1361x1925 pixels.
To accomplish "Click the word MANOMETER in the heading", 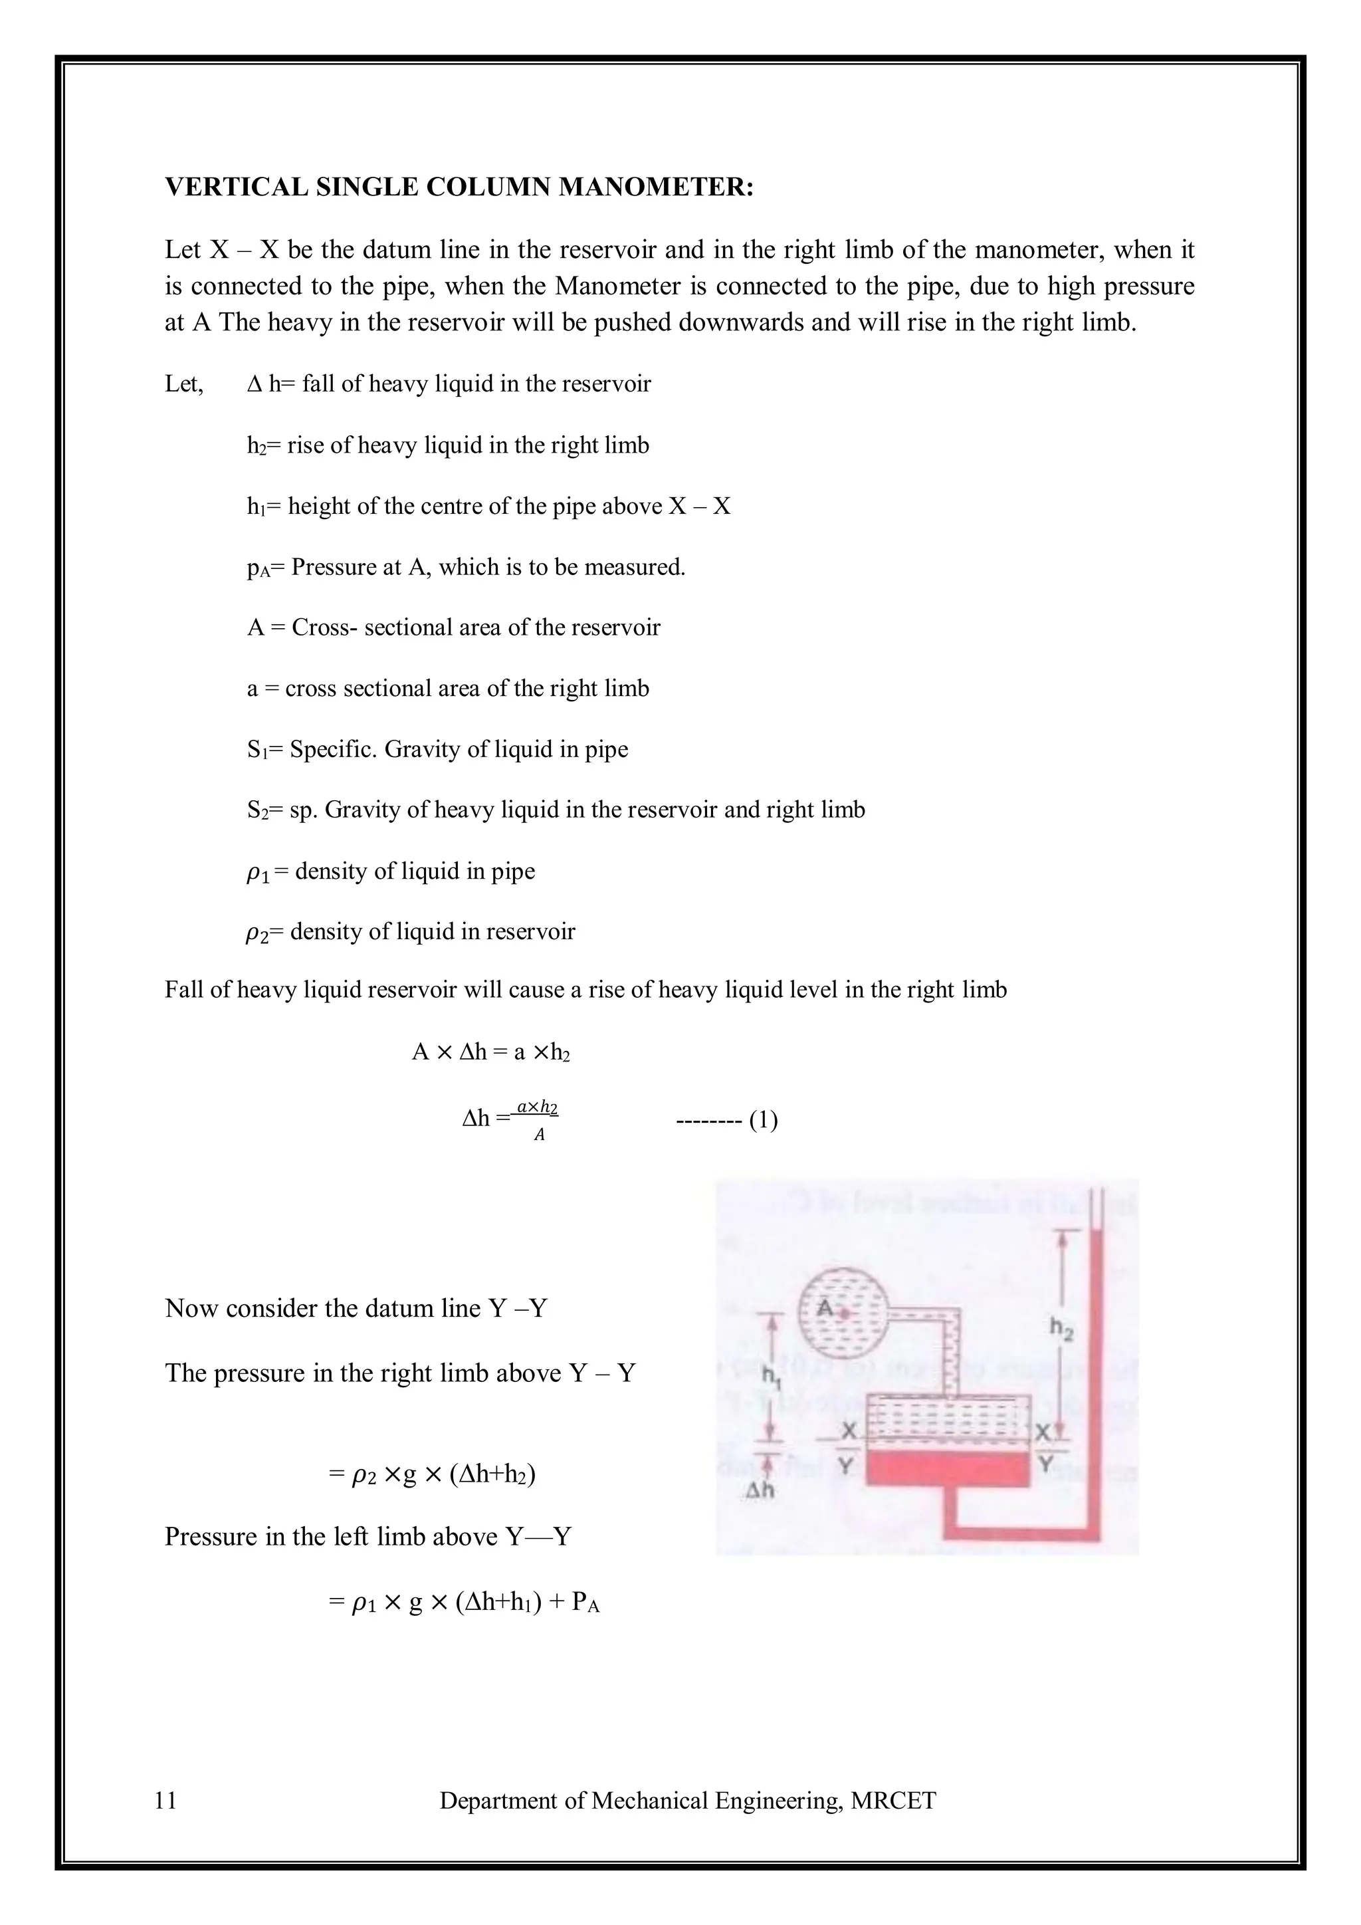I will (655, 187).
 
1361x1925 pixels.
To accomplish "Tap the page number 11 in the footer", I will (166, 1800).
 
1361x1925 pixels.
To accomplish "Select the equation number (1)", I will (763, 1120).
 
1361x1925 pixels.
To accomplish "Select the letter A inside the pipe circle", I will (825, 1308).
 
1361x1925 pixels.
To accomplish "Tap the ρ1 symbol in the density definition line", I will (257, 873).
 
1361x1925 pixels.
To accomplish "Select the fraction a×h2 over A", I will (537, 1120).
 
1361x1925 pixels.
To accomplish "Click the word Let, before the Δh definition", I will (183, 385).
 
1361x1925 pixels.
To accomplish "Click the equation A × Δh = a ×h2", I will (491, 1052).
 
